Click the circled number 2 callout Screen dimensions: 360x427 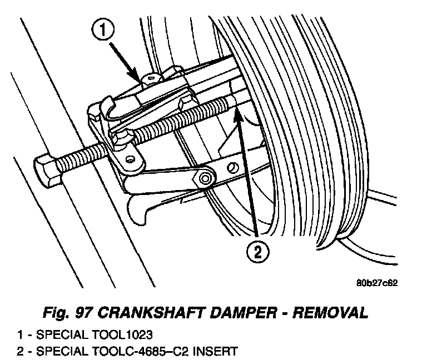tap(256, 253)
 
